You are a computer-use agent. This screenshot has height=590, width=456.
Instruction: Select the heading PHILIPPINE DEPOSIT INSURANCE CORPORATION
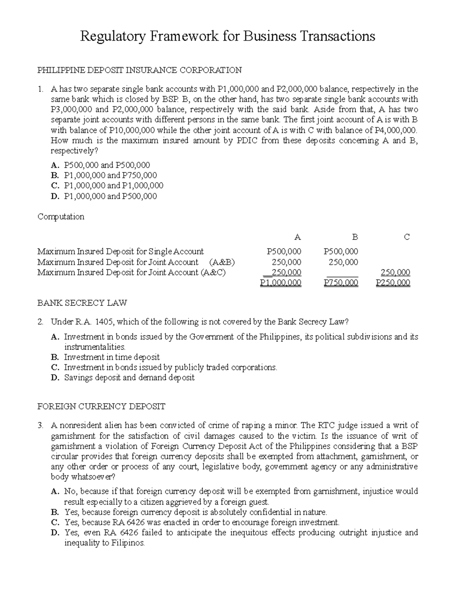[139, 70]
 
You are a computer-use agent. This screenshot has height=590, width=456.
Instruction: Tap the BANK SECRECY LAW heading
[82, 303]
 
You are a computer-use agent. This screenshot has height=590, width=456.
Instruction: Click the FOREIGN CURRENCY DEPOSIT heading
[101, 407]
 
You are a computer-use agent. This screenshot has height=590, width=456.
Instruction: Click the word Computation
[61, 217]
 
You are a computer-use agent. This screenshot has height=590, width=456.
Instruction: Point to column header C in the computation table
[407, 237]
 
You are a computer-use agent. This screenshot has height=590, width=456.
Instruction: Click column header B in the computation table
[355, 237]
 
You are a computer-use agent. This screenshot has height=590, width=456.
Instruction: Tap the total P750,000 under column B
[341, 283]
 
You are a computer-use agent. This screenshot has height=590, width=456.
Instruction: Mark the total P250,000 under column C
[393, 283]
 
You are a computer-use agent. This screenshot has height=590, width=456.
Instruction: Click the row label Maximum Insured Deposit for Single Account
[120, 252]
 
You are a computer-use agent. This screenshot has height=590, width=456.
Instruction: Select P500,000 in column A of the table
[284, 252]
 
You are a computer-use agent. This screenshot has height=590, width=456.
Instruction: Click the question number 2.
[40, 322]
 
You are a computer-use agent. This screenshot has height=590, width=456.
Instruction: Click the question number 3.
[40, 425]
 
